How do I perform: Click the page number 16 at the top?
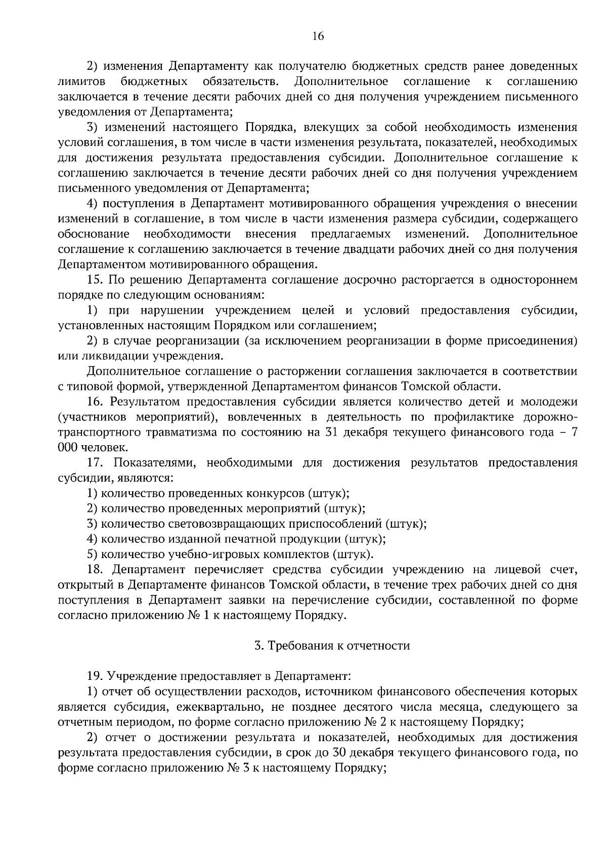pos(318,36)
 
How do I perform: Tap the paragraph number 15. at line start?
pos(95,280)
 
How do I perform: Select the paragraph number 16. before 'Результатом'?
pos(95,402)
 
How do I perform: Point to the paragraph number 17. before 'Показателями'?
pos(95,463)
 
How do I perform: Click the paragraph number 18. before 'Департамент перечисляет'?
pos(95,570)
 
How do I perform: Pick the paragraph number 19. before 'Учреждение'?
pos(95,676)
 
